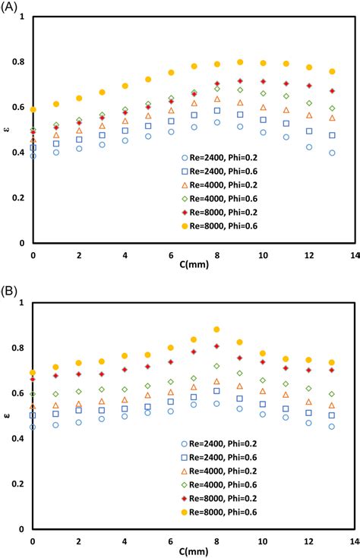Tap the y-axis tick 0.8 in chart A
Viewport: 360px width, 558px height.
21,61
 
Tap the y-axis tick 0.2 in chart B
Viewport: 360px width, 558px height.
21,484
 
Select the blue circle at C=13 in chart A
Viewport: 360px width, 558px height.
332,153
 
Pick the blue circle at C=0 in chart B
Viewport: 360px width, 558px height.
33,427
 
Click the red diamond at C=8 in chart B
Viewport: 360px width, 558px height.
216,346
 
